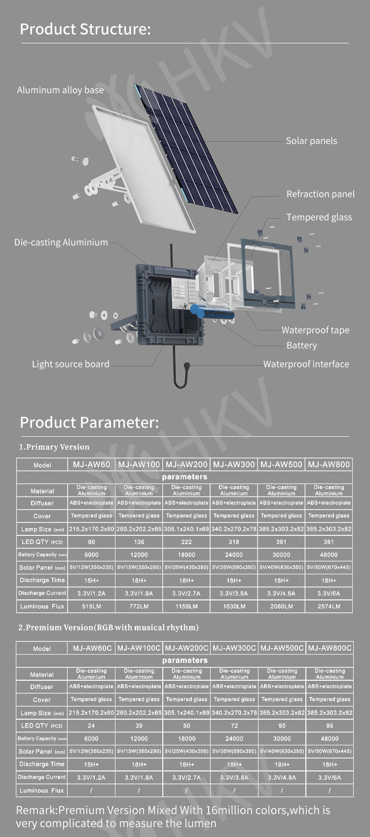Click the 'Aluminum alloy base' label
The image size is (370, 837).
(x=60, y=90)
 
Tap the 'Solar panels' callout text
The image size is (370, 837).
(x=311, y=141)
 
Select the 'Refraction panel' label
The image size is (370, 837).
(x=320, y=194)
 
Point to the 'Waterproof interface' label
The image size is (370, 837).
(x=306, y=364)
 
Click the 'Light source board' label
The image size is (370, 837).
(x=71, y=364)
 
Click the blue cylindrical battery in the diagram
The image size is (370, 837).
(x=212, y=312)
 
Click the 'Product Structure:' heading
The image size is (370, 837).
(x=85, y=29)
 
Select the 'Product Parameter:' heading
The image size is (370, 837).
(x=89, y=422)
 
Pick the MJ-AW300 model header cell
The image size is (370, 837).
(x=234, y=464)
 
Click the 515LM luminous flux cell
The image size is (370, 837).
(x=91, y=606)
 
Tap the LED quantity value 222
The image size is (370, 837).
(x=186, y=542)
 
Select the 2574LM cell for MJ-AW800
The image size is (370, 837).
(x=329, y=606)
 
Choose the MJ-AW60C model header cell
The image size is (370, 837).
(x=92, y=648)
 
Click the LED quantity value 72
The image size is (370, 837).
(x=234, y=726)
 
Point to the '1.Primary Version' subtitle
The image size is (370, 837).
(x=54, y=447)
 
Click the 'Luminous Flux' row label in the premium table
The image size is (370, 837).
(x=41, y=791)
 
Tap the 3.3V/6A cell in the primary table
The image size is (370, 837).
(x=329, y=593)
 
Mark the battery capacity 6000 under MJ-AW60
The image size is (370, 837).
(x=91, y=555)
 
